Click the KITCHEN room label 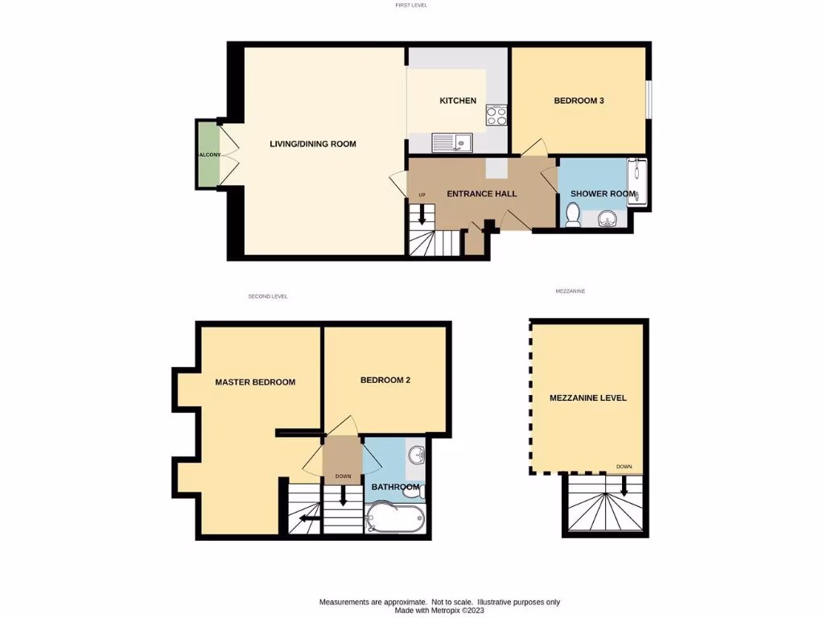point(457,101)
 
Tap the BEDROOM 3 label point(579,101)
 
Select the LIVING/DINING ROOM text point(312,144)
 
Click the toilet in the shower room point(573,216)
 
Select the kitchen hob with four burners point(496,116)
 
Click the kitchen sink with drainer point(452,143)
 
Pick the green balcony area point(208,154)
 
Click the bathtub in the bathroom point(394,517)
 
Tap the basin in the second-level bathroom point(417,455)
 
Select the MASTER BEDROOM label point(255,382)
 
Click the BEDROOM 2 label point(385,380)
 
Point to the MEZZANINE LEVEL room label point(587,398)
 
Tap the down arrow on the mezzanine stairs point(624,485)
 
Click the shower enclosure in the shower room point(638,183)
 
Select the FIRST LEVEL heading point(411,6)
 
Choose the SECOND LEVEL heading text point(268,297)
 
